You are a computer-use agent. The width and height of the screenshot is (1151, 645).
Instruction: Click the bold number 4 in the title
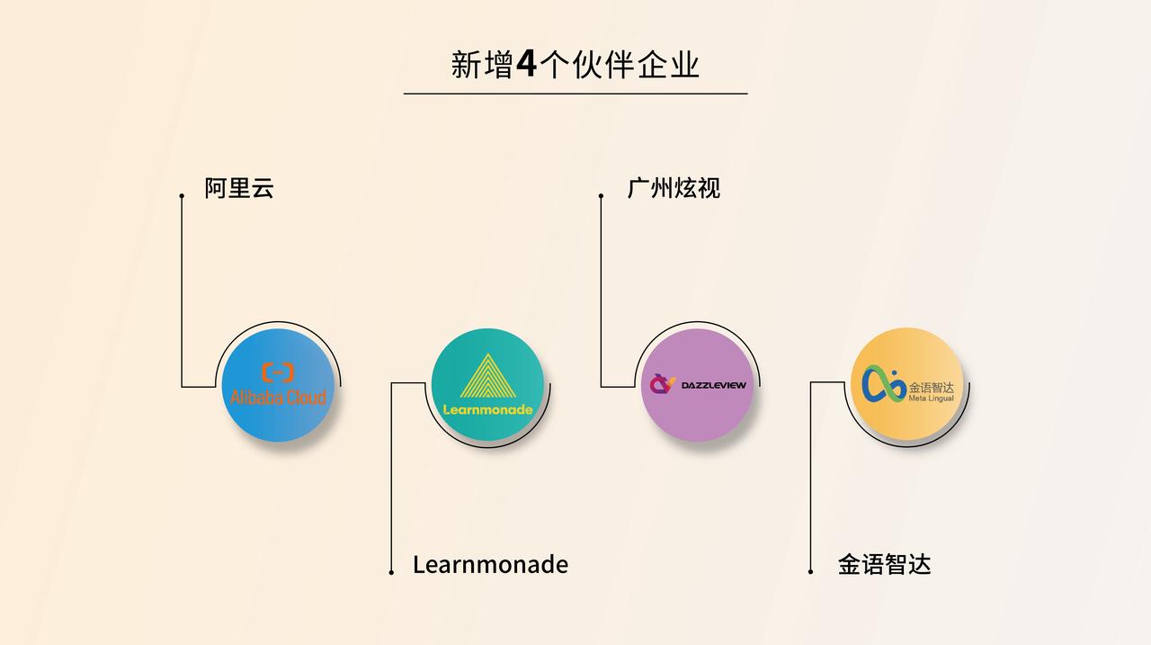tap(527, 64)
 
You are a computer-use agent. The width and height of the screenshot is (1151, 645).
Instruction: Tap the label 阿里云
tap(238, 188)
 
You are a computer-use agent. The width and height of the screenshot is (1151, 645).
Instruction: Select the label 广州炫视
tap(674, 188)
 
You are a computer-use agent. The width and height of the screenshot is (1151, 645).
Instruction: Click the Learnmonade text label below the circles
tap(490, 565)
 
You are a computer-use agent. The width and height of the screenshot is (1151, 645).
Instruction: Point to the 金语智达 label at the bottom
tap(884, 565)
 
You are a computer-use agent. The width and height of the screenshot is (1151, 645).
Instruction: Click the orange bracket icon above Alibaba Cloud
tap(278, 372)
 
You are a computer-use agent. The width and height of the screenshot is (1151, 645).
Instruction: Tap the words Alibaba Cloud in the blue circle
tap(278, 397)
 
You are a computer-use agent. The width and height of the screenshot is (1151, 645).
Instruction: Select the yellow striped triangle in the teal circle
tap(487, 377)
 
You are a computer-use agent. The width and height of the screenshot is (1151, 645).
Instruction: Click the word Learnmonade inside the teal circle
tap(487, 409)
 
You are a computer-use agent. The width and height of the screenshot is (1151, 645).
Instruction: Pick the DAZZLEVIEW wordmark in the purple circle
tap(713, 385)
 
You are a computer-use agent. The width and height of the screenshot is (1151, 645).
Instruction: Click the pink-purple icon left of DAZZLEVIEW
tap(663, 384)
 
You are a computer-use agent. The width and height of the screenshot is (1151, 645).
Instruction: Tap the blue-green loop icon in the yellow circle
tap(884, 384)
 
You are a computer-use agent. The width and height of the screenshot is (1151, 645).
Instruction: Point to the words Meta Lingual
tap(931, 398)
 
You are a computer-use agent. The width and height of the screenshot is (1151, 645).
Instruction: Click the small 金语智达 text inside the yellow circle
tap(931, 387)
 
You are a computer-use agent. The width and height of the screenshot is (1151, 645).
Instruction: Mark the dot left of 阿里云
tap(182, 195)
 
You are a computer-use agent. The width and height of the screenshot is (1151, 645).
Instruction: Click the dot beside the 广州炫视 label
tap(601, 195)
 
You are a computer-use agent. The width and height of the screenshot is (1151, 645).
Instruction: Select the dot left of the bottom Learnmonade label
tap(391, 572)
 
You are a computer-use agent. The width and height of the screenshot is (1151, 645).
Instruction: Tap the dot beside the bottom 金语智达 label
tap(810, 572)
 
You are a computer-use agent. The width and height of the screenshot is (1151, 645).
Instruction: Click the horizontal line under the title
tap(575, 93)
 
